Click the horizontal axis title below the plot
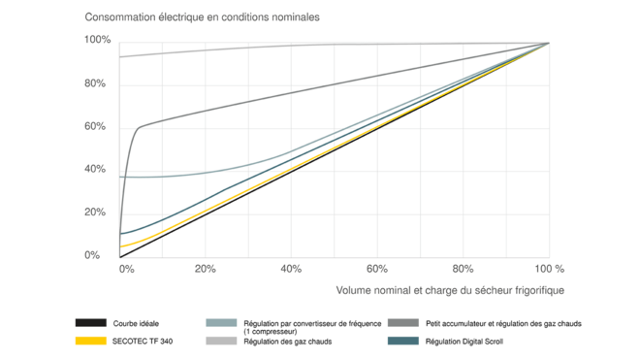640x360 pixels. (450, 289)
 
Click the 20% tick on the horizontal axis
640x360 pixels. (206, 267)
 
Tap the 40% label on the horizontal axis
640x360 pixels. (291, 267)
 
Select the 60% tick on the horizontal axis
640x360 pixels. (377, 267)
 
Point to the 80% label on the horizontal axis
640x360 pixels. (464, 267)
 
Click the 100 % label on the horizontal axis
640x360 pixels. (549, 267)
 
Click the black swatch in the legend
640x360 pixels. (90, 322)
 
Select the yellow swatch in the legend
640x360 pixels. (90, 342)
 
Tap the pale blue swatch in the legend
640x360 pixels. (222, 322)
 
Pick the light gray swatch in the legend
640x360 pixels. (222, 342)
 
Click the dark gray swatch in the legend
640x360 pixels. (403, 322)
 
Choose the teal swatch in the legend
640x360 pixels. (403, 342)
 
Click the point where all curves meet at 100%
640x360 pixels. (550, 43)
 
